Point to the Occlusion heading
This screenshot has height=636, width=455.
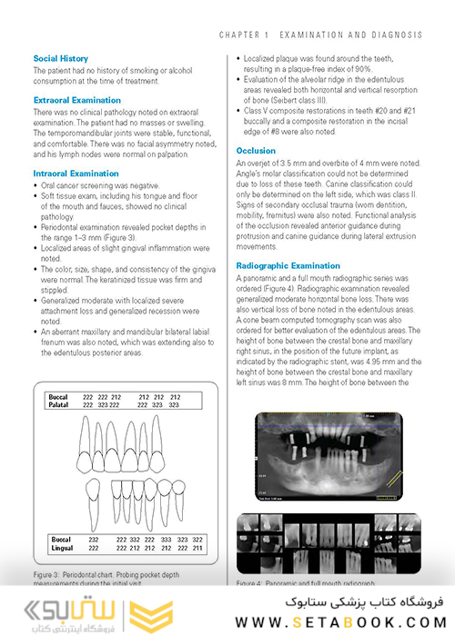tap(256, 151)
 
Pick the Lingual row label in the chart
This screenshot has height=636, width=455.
tap(62, 548)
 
